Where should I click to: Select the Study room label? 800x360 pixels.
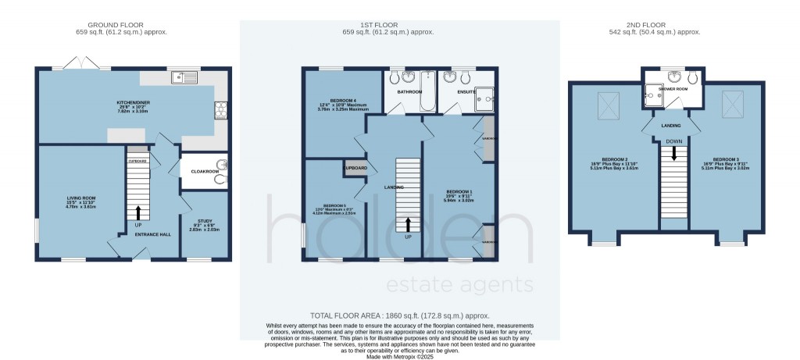click(x=204, y=225)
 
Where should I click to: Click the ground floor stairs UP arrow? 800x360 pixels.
click(x=139, y=212)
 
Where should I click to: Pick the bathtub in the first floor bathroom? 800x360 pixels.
click(x=426, y=92)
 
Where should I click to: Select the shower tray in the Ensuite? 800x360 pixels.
click(x=487, y=96)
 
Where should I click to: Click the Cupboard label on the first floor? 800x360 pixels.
click(x=353, y=167)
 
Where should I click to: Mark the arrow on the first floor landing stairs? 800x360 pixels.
click(x=408, y=225)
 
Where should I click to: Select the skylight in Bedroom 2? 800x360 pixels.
click(x=609, y=104)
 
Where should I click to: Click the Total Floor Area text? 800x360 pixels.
click(x=399, y=313)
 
